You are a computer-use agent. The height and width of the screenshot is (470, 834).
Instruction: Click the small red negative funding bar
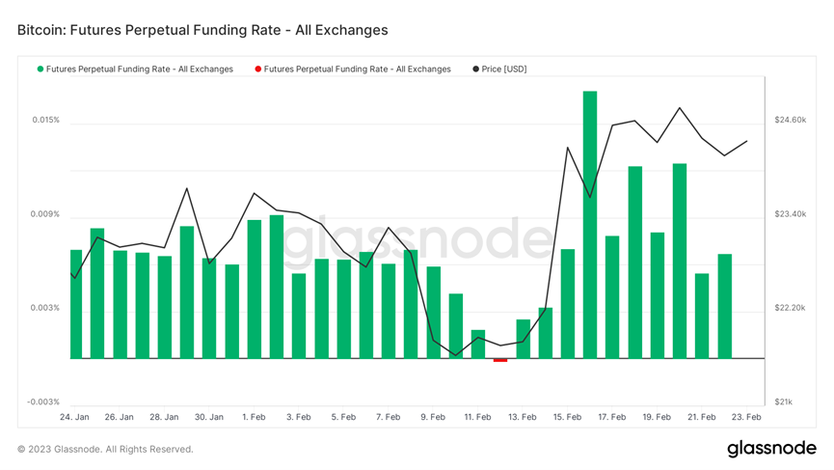point(499,360)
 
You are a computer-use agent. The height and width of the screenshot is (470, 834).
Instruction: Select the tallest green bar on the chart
point(590,224)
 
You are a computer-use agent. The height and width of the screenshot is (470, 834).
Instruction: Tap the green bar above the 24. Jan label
point(76,303)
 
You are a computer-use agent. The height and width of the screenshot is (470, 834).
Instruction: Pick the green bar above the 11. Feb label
point(478,344)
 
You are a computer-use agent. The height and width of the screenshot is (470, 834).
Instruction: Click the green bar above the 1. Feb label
point(255,289)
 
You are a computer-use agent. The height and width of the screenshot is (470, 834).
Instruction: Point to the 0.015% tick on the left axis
point(45,121)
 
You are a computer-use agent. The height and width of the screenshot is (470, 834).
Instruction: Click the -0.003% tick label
point(43,401)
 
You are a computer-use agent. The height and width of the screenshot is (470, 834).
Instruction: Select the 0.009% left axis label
point(45,214)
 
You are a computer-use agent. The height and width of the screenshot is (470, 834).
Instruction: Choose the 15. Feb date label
point(567,417)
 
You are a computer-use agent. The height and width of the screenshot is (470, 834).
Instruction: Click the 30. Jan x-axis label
point(209,417)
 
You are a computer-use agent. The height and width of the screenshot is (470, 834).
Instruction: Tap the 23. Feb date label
point(746,417)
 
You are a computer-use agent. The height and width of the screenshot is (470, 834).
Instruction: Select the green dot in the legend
point(40,69)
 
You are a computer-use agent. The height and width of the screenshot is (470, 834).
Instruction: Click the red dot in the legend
point(257,69)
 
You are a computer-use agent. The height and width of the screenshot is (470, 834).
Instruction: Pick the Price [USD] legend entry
point(504,69)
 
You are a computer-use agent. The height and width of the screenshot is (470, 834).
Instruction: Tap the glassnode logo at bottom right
point(771,449)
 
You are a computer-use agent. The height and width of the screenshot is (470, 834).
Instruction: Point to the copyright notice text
point(105,449)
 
